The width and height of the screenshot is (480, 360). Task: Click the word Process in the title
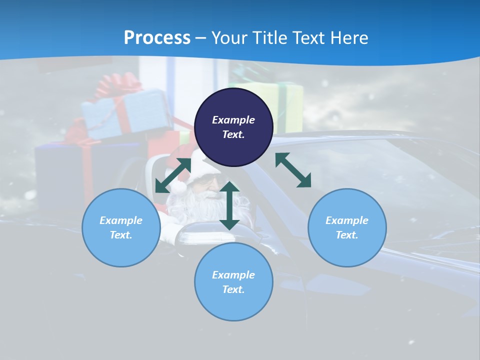click(157, 38)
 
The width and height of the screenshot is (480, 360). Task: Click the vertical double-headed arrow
click(229, 205)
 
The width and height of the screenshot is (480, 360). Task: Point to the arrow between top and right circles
click(293, 170)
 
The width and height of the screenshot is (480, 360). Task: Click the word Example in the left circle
click(121, 220)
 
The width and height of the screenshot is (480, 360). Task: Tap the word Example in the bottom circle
click(233, 275)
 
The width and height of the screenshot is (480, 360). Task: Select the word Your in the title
click(228, 38)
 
